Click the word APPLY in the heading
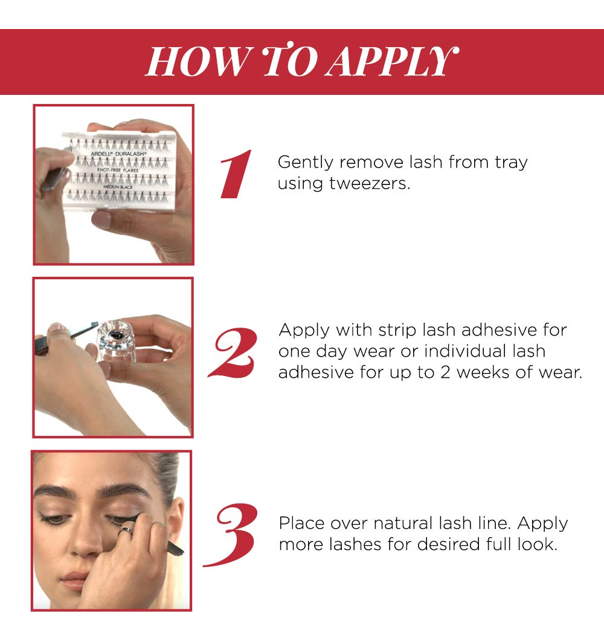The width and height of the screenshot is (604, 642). click(x=393, y=62)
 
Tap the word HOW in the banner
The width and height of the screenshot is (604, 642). click(x=198, y=62)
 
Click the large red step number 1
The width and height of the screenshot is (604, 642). click(x=236, y=174)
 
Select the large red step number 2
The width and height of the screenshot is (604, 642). click(x=233, y=352)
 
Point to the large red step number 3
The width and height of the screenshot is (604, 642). click(x=231, y=535)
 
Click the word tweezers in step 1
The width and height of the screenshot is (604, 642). click(x=369, y=183)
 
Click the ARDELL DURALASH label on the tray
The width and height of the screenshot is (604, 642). click(x=117, y=154)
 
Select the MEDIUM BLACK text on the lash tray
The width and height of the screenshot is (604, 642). click(x=118, y=187)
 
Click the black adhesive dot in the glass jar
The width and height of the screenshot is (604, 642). click(x=116, y=335)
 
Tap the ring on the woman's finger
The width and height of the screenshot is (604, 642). click(x=126, y=531)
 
